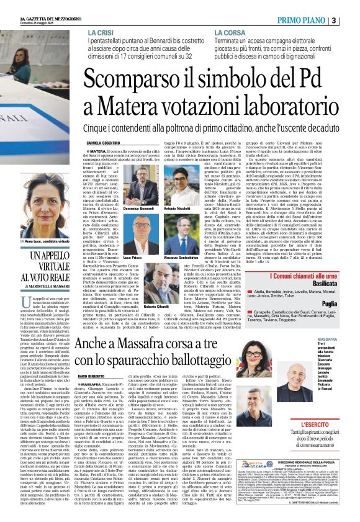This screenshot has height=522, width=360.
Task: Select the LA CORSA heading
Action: (x=232, y=32)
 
